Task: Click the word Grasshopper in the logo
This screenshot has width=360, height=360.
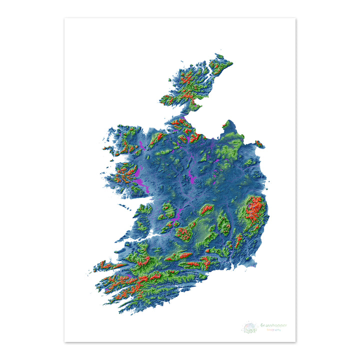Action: pyautogui.click(x=273, y=325)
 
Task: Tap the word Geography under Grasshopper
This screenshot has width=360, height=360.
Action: pyautogui.click(x=273, y=329)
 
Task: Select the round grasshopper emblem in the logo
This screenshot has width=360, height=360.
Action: pyautogui.click(x=249, y=328)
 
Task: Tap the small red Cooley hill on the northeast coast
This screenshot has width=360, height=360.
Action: pyautogui.click(x=259, y=144)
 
